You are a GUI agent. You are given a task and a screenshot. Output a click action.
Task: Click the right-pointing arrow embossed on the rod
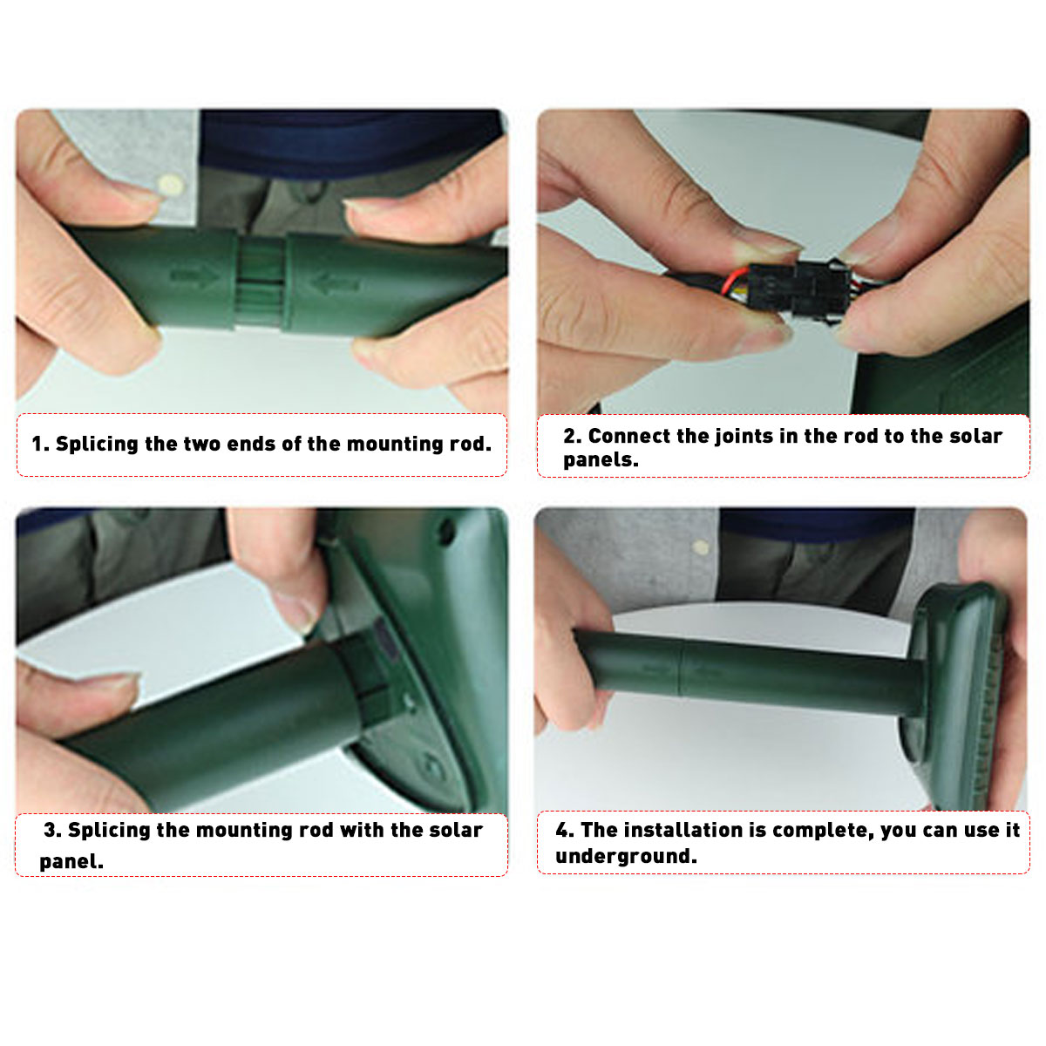(195, 277)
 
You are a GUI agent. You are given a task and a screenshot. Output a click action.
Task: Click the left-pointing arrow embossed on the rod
(334, 282)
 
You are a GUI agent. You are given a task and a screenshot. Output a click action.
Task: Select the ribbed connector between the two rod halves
(261, 282)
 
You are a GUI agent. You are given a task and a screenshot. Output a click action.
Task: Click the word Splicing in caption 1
(97, 445)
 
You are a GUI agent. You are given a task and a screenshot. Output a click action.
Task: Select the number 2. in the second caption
(572, 436)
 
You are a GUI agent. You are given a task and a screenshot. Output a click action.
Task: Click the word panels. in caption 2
(601, 460)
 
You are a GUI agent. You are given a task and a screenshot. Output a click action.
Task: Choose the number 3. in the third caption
(52, 830)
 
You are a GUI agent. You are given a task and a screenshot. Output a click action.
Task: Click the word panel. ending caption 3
(71, 862)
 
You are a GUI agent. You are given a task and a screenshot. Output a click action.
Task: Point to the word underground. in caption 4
(626, 856)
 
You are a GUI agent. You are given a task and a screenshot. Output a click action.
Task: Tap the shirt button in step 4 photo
(701, 547)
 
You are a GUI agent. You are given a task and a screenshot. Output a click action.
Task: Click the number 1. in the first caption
(40, 444)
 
